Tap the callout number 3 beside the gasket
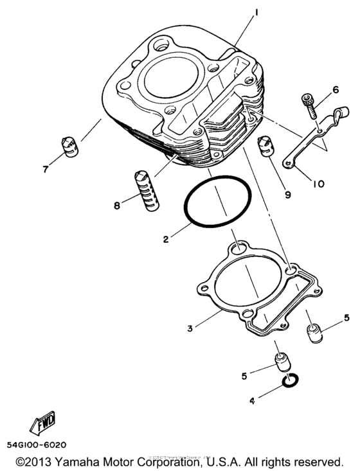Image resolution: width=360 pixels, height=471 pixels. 190,328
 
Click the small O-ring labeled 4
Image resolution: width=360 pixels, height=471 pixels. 289,384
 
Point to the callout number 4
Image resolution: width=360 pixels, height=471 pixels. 252,401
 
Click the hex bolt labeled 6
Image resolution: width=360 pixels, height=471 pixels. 309,105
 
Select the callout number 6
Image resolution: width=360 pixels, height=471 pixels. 335,90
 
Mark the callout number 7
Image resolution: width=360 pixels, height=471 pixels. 46,170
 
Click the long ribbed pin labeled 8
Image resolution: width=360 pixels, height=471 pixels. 147,189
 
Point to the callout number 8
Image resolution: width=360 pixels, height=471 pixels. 116,206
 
